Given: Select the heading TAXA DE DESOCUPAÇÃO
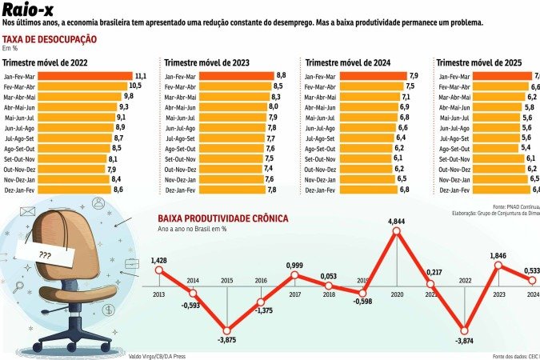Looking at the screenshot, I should point(50,39).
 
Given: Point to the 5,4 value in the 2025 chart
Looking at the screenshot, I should point(526,148).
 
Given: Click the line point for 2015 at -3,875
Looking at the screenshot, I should point(227,330).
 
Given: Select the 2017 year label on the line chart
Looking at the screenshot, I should point(294,294).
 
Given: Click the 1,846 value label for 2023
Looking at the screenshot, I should point(499,255).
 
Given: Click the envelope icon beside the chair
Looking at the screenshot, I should point(29,214).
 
